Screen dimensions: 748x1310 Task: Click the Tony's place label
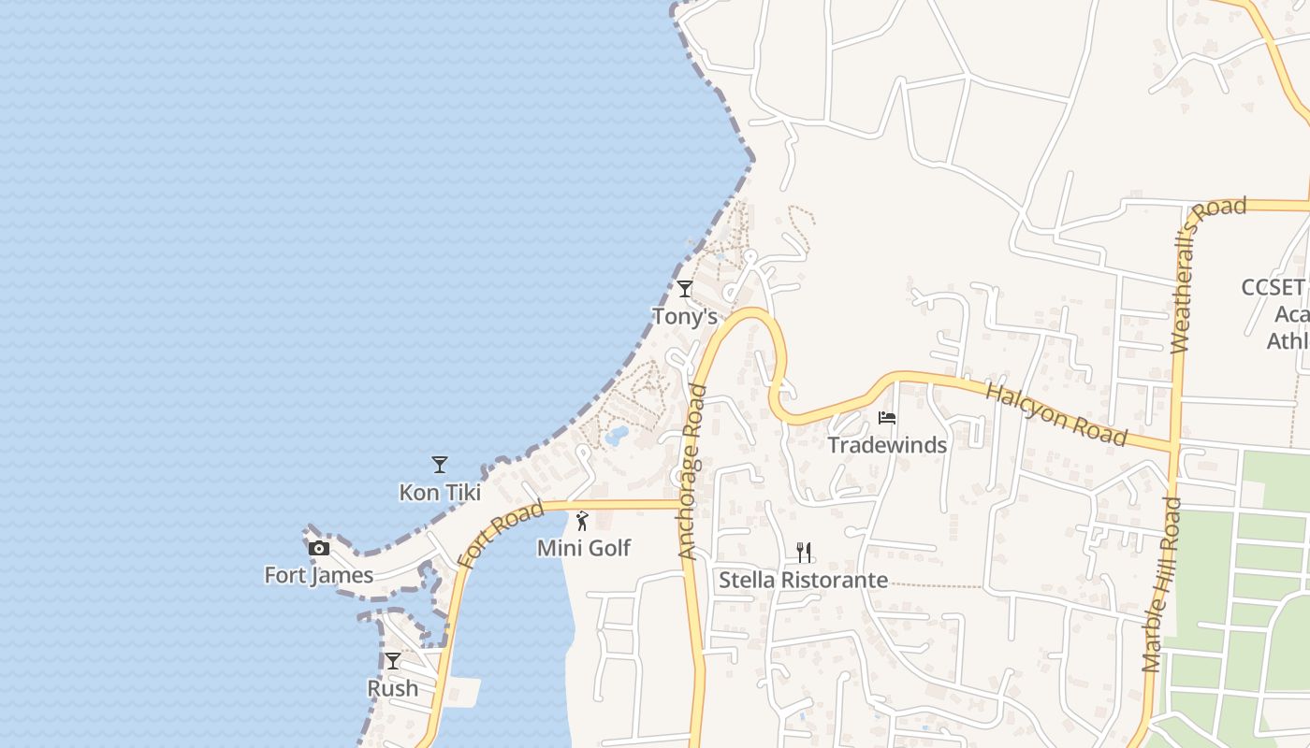click(x=684, y=317)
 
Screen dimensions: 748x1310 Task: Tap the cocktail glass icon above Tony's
click(x=685, y=289)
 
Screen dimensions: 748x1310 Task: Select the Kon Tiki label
click(x=440, y=492)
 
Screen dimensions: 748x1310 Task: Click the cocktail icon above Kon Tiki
click(x=439, y=464)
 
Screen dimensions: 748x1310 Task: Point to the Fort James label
click(x=319, y=575)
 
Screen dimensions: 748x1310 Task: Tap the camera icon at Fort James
click(x=319, y=548)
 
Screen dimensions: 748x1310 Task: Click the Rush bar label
click(x=393, y=688)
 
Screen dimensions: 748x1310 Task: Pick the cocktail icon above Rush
click(x=393, y=661)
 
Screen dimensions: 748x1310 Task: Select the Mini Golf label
click(x=584, y=548)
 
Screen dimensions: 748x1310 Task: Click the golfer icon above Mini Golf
click(x=582, y=520)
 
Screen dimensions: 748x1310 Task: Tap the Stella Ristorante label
click(x=803, y=581)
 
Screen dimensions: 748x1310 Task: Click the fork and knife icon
click(x=803, y=553)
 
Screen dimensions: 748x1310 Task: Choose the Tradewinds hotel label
click(x=887, y=445)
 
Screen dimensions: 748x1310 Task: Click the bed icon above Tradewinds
click(x=887, y=417)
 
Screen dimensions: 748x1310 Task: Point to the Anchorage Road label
click(x=692, y=471)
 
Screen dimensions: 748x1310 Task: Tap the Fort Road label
click(x=501, y=536)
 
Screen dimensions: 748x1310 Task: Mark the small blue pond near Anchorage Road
click(x=617, y=435)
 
